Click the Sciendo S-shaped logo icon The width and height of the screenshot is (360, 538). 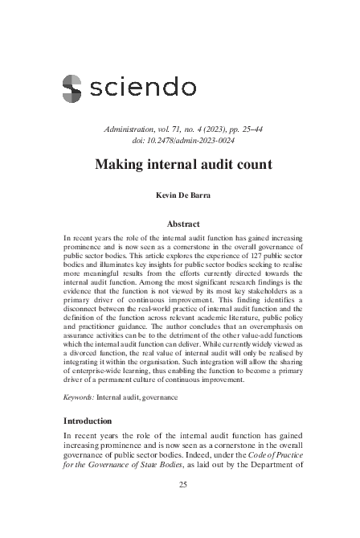pyautogui.click(x=72, y=87)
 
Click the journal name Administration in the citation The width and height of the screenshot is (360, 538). pyautogui.click(x=132, y=129)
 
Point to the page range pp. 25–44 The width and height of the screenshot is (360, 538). pyautogui.click(x=237, y=129)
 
